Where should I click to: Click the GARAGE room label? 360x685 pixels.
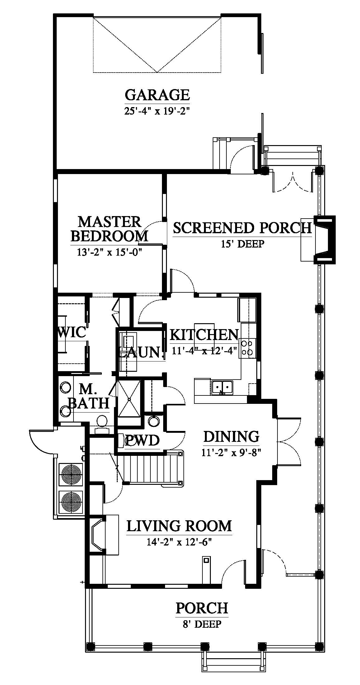[157, 95]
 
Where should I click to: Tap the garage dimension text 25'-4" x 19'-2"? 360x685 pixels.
[157, 111]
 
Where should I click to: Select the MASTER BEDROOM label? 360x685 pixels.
[109, 229]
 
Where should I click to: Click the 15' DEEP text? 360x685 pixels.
[242, 243]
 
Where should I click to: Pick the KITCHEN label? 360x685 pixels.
[204, 335]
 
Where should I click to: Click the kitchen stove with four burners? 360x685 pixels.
[248, 347]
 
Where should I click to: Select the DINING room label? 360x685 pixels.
[231, 437]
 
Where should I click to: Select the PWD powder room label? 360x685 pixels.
[142, 441]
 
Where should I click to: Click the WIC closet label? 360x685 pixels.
[72, 332]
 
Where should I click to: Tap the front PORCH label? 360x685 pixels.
[202, 608]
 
